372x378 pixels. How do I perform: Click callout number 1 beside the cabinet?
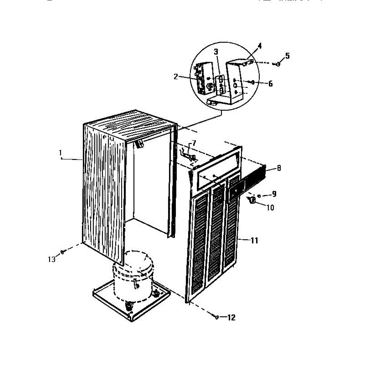pos(60,153)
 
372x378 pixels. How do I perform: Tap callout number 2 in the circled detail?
pos(176,77)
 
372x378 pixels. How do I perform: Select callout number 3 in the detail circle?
pos(216,52)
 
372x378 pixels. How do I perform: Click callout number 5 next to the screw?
pos(287,56)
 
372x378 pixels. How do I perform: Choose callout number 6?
pos(270,84)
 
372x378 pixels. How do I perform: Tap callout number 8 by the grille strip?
pos(279,168)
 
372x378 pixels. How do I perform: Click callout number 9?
pos(274,194)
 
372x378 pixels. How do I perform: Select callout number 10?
pos(270,208)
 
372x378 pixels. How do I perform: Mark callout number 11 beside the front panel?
pos(254,241)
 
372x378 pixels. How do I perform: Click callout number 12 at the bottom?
pos(231,318)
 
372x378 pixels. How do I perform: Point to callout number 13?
pos(51,259)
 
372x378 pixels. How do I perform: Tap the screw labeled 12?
pos(217,317)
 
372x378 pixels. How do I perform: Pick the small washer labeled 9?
pos(259,196)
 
